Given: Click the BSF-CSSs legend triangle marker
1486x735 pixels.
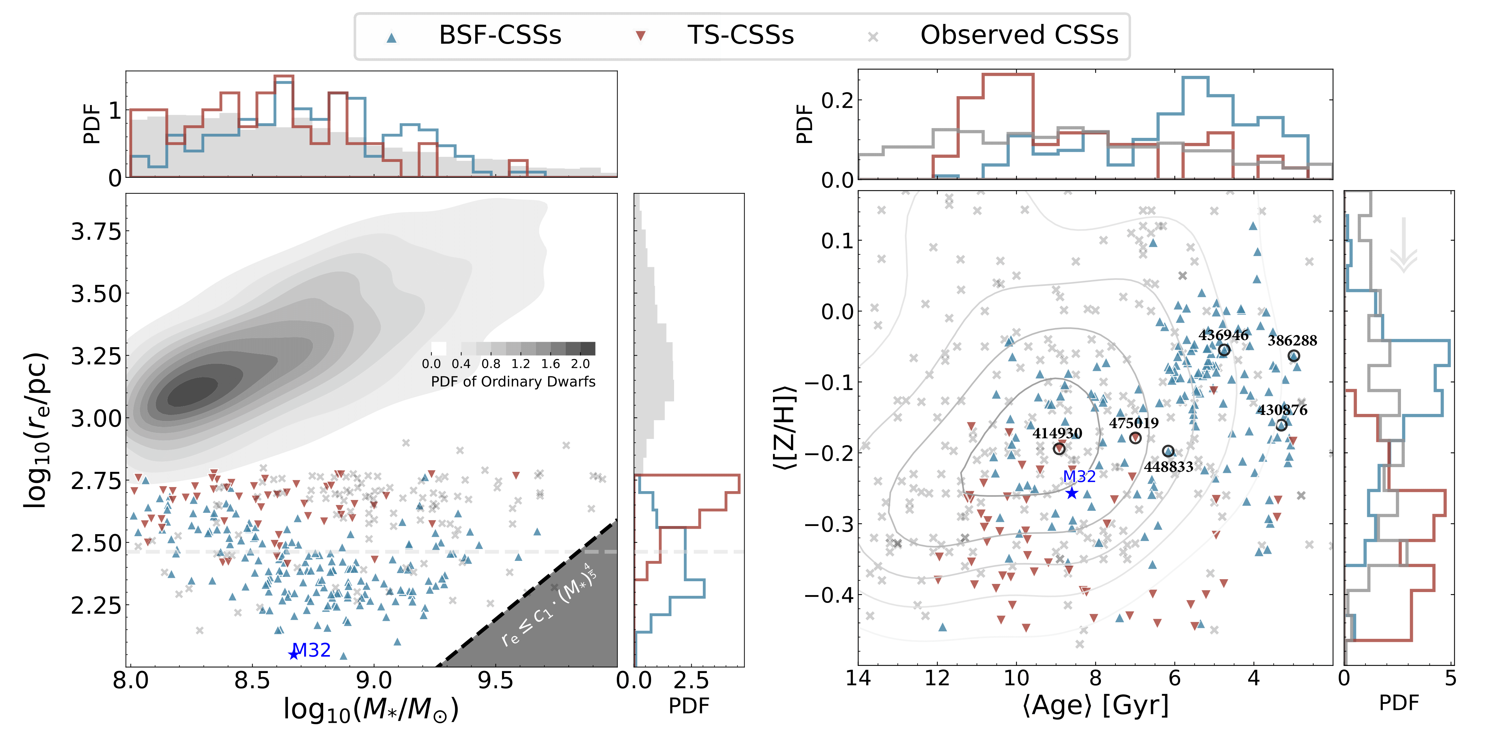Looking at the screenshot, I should coord(392,38).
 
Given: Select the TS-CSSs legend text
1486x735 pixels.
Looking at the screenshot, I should coord(740,35).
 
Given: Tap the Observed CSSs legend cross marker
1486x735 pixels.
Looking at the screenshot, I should coord(873,38).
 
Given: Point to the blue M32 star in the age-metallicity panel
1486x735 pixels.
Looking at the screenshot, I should coord(1071,493).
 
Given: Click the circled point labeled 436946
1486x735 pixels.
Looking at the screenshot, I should coord(1224,350).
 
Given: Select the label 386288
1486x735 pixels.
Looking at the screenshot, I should coord(1292,340).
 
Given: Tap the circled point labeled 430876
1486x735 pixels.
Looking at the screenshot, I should coord(1281,425).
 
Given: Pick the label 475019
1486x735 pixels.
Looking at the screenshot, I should coord(1133,423).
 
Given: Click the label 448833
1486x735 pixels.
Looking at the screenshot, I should coord(1169,467).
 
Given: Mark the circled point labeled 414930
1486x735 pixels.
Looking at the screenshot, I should coord(1059,448).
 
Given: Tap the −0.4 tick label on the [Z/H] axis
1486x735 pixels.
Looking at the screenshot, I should coord(829,595).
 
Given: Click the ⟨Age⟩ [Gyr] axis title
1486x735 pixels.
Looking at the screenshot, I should coord(1095,705).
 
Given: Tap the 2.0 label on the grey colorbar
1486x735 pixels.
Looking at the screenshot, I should coord(580,363).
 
